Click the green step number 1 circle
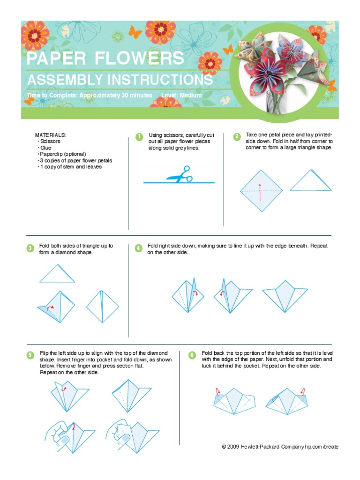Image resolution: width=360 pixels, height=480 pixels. tap(139, 137)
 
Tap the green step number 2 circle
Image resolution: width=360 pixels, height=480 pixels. tap(237, 137)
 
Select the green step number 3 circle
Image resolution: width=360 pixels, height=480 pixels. tap(30, 248)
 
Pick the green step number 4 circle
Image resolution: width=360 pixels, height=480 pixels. tap(139, 248)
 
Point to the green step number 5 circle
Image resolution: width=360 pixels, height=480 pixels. tap(30, 355)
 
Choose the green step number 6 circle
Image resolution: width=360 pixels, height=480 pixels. tap(192, 355)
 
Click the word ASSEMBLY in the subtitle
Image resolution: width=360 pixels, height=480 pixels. tap(63, 80)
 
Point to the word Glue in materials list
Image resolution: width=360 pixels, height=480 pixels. tap(46, 148)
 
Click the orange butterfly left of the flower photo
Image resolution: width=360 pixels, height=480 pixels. tap(228, 50)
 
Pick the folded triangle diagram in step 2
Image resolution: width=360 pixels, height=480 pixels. tap(310, 182)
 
